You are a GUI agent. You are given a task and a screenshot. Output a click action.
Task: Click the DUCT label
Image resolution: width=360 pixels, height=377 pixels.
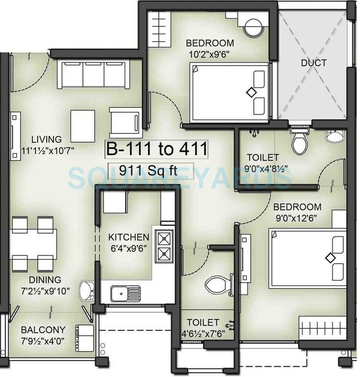click(313, 63)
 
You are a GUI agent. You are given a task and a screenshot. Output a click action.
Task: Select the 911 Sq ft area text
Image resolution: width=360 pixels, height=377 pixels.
click(150, 170)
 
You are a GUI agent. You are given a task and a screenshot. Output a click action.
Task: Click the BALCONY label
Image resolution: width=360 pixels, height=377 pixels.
click(43, 329)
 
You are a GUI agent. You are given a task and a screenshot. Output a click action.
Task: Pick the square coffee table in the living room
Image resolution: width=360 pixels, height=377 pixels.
click(83, 125)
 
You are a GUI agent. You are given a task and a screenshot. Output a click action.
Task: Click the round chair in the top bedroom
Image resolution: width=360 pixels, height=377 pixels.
click(254, 27)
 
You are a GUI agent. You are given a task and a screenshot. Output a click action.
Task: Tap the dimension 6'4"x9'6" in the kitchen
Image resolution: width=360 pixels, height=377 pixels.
click(129, 248)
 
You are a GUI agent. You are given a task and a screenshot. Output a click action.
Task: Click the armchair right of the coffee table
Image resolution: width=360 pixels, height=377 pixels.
click(125, 123)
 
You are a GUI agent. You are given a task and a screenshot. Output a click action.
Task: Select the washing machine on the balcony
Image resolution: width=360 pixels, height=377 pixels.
click(84, 334)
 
